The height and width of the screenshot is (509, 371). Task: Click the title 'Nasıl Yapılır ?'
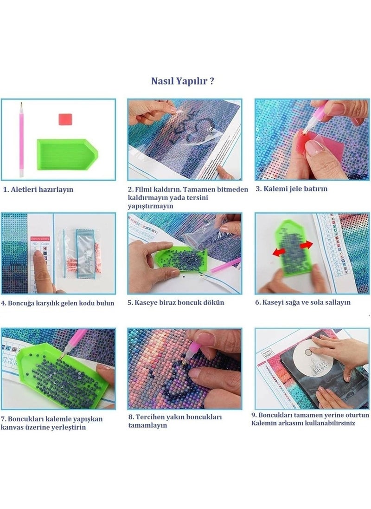(182, 81)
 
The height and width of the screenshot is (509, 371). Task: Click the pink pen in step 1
(21, 140)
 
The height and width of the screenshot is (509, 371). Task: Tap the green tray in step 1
(67, 154)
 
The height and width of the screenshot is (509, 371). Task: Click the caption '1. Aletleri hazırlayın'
(38, 189)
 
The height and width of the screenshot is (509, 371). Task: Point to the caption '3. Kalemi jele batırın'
(292, 189)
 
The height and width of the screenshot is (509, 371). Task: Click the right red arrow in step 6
(306, 245)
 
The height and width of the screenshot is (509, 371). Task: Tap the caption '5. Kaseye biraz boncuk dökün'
(176, 302)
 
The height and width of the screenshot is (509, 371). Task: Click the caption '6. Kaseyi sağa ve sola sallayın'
(303, 302)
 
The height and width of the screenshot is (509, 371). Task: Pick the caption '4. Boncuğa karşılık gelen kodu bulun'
(58, 303)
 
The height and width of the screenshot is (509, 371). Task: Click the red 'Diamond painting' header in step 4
(40, 239)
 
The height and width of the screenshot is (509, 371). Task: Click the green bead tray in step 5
(180, 259)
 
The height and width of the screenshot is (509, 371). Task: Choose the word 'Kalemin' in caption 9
(264, 423)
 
